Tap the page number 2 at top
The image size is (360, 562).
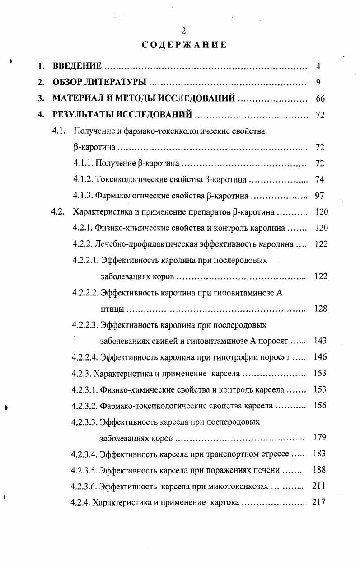[183, 31]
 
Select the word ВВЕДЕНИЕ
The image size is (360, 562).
[77, 66]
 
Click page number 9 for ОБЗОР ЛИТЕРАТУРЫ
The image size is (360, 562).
[318, 83]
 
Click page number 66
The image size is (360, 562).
[320, 99]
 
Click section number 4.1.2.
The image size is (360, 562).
[83, 180]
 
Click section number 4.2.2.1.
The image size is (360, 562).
[85, 261]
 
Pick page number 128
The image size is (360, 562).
[320, 309]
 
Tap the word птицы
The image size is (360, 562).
[111, 309]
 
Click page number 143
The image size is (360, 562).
[320, 341]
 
